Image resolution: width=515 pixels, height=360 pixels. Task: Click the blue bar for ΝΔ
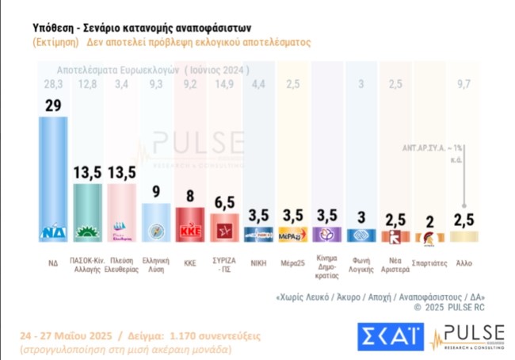(x=52, y=178)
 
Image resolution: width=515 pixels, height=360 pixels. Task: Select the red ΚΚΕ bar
(x=189, y=224)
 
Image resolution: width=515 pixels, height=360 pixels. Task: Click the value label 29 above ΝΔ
(x=52, y=105)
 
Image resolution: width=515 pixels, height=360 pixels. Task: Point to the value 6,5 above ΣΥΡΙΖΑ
(x=223, y=202)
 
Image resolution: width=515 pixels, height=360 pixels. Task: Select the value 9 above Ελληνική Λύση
(x=155, y=191)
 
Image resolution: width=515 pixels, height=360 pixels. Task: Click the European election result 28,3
(x=52, y=84)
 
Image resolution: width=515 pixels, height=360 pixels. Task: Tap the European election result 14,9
(x=223, y=84)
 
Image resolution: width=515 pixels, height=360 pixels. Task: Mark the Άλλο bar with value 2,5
(x=463, y=236)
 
